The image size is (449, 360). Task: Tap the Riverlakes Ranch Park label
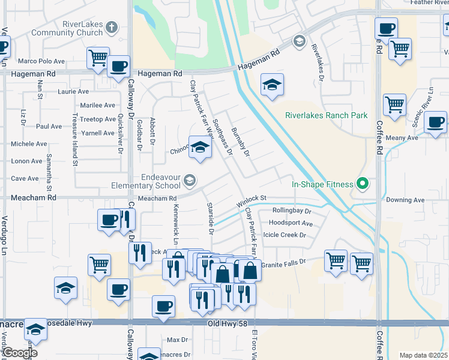pos(326,115)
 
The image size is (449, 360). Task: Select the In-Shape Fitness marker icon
pos(362,184)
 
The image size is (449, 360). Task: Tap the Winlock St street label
pos(251,198)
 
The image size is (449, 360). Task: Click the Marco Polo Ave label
pos(41,61)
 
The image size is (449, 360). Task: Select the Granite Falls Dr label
pos(283,262)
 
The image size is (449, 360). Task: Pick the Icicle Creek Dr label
pos(285,235)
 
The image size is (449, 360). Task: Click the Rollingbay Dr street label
pos(292,211)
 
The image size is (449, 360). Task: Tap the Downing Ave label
pos(405,200)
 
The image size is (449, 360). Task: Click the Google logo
pos(19,353)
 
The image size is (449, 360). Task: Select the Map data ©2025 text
pos(423,355)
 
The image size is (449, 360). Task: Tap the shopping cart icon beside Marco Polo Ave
pos(98,58)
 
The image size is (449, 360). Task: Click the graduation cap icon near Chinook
pos(199,148)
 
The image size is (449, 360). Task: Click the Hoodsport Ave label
pos(291,223)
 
